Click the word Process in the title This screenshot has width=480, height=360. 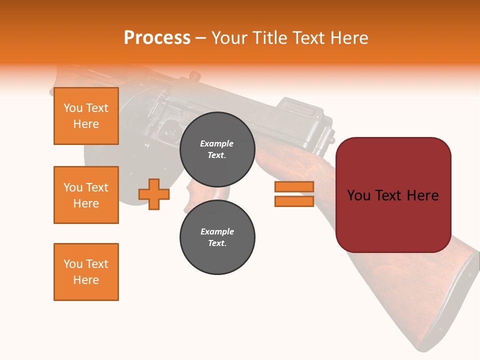coord(157,38)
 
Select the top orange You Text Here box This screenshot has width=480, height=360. coord(86,116)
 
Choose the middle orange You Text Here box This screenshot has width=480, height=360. coord(86,195)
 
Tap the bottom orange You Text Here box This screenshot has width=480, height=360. coord(86,272)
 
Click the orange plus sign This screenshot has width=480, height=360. coord(154,194)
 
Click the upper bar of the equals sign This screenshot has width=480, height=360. coord(294,187)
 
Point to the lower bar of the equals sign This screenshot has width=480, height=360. coord(294,201)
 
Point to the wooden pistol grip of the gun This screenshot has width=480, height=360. coord(192,195)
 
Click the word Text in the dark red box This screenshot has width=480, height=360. coord(393,195)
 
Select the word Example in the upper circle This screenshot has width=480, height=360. coord(217,143)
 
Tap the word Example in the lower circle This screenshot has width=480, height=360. coord(217,231)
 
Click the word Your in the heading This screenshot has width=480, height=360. coord(230,38)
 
